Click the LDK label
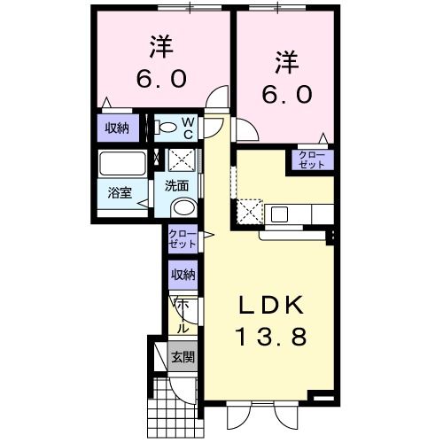coord(270,306)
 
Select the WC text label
coord(190,128)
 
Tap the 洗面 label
coord(178,186)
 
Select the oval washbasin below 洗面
coord(183,207)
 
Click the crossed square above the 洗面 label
coord(183,160)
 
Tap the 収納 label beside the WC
coord(118,128)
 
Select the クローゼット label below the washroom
coord(183,238)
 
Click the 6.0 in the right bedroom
coord(285,91)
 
